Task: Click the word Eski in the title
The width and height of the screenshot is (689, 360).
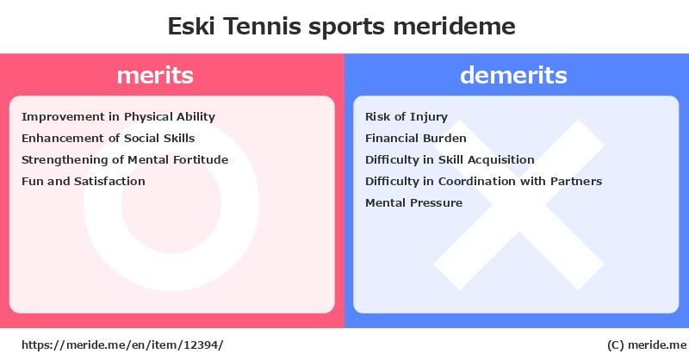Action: [191, 26]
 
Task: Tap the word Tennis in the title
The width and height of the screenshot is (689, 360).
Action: [262, 26]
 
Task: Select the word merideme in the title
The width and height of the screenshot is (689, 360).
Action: [455, 26]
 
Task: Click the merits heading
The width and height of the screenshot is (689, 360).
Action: [155, 75]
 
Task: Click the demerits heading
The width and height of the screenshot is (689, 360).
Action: [513, 75]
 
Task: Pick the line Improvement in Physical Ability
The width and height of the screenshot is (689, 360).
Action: [118, 117]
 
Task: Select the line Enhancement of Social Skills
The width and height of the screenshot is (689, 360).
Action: [109, 138]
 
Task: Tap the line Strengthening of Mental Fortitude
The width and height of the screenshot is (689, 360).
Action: [125, 160]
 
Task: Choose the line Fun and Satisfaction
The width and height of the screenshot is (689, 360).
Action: [83, 181]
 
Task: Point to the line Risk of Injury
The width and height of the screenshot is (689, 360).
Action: [407, 117]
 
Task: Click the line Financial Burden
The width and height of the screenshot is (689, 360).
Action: [416, 138]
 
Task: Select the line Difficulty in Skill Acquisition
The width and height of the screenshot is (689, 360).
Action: [450, 160]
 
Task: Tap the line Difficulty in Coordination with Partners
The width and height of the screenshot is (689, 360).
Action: [483, 181]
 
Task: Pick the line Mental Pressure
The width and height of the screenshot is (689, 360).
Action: [413, 202]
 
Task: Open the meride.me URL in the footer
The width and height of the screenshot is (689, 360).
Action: [122, 345]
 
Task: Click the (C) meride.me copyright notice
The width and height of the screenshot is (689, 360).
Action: [647, 345]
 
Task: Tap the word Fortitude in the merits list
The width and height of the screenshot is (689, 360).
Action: [201, 159]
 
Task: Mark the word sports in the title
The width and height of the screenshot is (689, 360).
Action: [347, 27]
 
